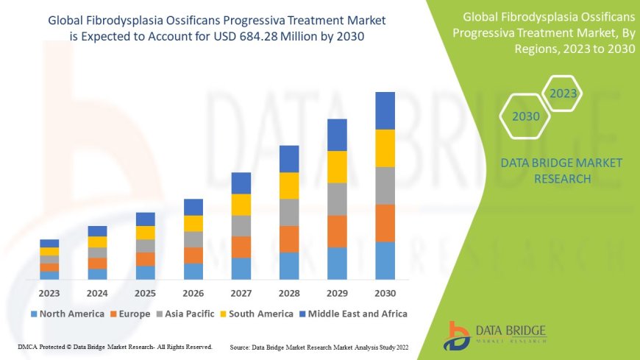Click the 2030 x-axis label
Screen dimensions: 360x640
385,292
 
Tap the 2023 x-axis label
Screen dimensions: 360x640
49,292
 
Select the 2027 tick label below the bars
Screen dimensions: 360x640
241,292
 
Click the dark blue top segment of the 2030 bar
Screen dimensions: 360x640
385,110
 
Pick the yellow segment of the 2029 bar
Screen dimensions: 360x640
337,166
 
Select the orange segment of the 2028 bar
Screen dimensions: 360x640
289,239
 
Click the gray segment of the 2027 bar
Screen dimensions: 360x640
241,225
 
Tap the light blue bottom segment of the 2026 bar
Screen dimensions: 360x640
193,271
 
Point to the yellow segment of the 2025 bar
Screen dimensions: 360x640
146,233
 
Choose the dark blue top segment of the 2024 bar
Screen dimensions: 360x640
97,231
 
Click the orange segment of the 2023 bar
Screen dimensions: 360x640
49,267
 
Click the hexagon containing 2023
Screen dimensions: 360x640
563,93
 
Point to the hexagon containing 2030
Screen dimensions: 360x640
525,116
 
